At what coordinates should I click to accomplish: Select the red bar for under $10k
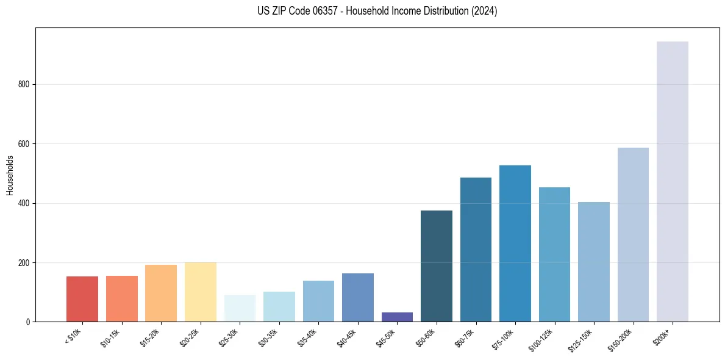point(82,299)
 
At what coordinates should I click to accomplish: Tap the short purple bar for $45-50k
point(397,317)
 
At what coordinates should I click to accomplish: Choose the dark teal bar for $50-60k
point(437,266)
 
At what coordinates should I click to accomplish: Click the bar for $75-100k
point(515,243)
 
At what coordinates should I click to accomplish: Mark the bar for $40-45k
point(358,297)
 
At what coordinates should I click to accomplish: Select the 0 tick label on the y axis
point(28,322)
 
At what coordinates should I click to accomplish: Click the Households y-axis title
point(10,175)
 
